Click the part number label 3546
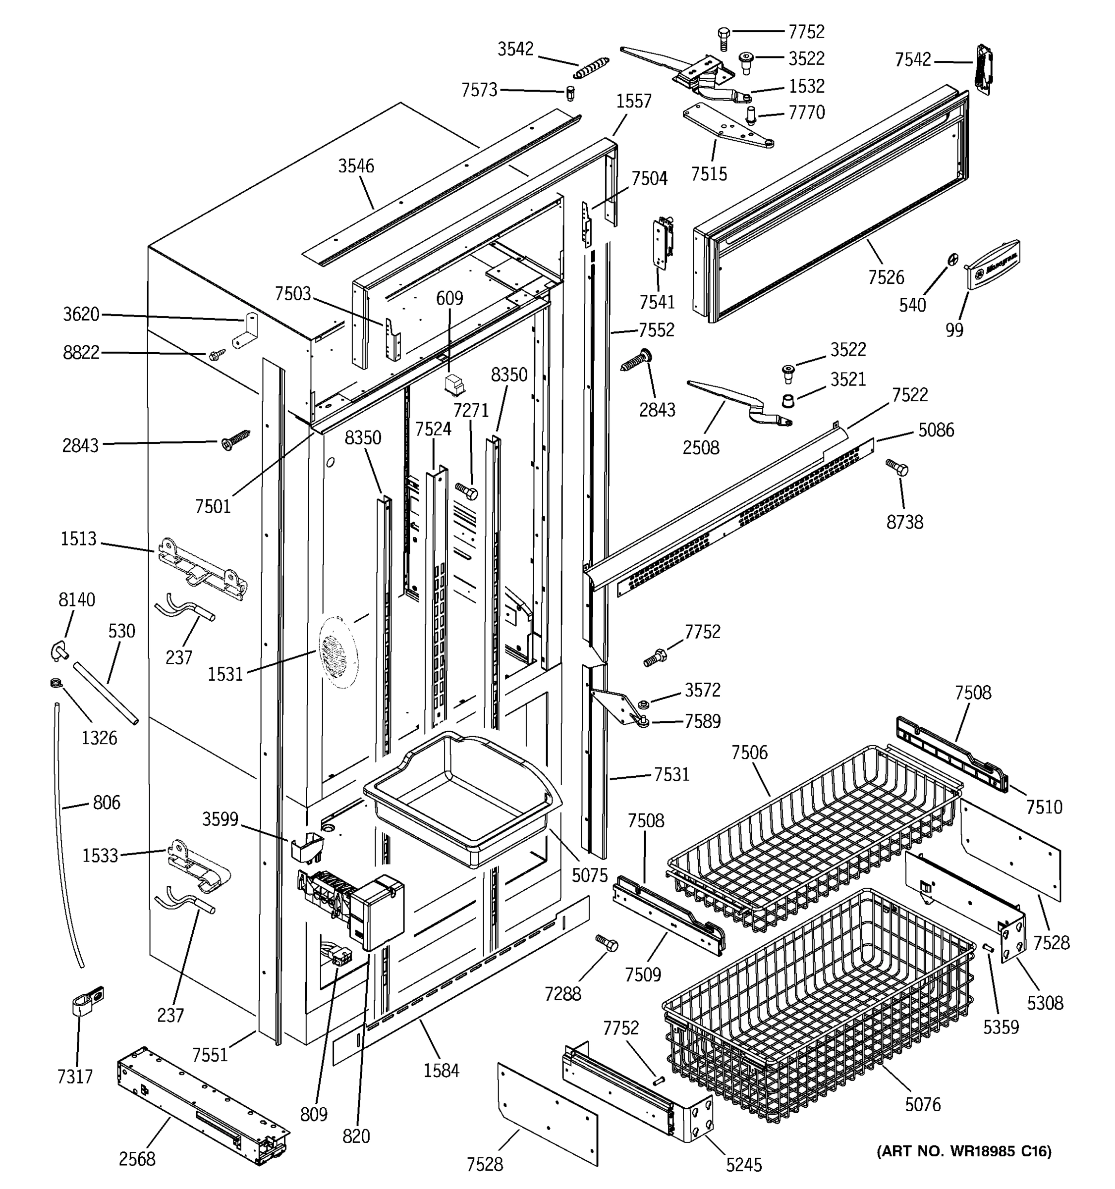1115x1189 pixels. pos(356,166)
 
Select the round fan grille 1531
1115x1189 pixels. pos(337,651)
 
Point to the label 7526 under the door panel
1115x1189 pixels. pos(886,277)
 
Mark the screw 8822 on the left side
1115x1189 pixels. pos(217,355)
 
